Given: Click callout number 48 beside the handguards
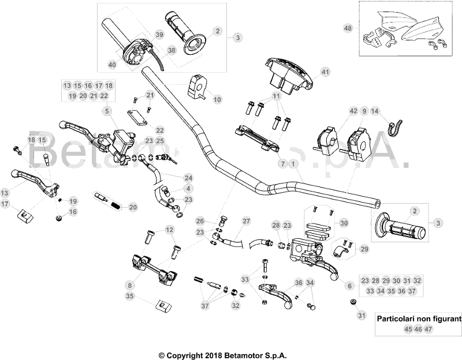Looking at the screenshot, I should click(347, 28).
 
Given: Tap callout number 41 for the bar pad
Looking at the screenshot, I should click(325, 72).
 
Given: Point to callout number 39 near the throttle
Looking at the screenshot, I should click(159, 35).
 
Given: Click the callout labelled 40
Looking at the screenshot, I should click(112, 65).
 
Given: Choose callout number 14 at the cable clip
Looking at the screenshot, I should click(375, 110).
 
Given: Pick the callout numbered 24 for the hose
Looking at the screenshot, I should click(188, 177).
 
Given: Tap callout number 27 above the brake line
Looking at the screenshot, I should click(246, 221).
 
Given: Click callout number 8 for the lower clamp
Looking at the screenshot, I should click(130, 284).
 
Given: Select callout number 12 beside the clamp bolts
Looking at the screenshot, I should click(169, 230).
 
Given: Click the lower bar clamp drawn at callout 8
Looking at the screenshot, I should click(153, 268).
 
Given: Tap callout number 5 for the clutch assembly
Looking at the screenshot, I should click(107, 110).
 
